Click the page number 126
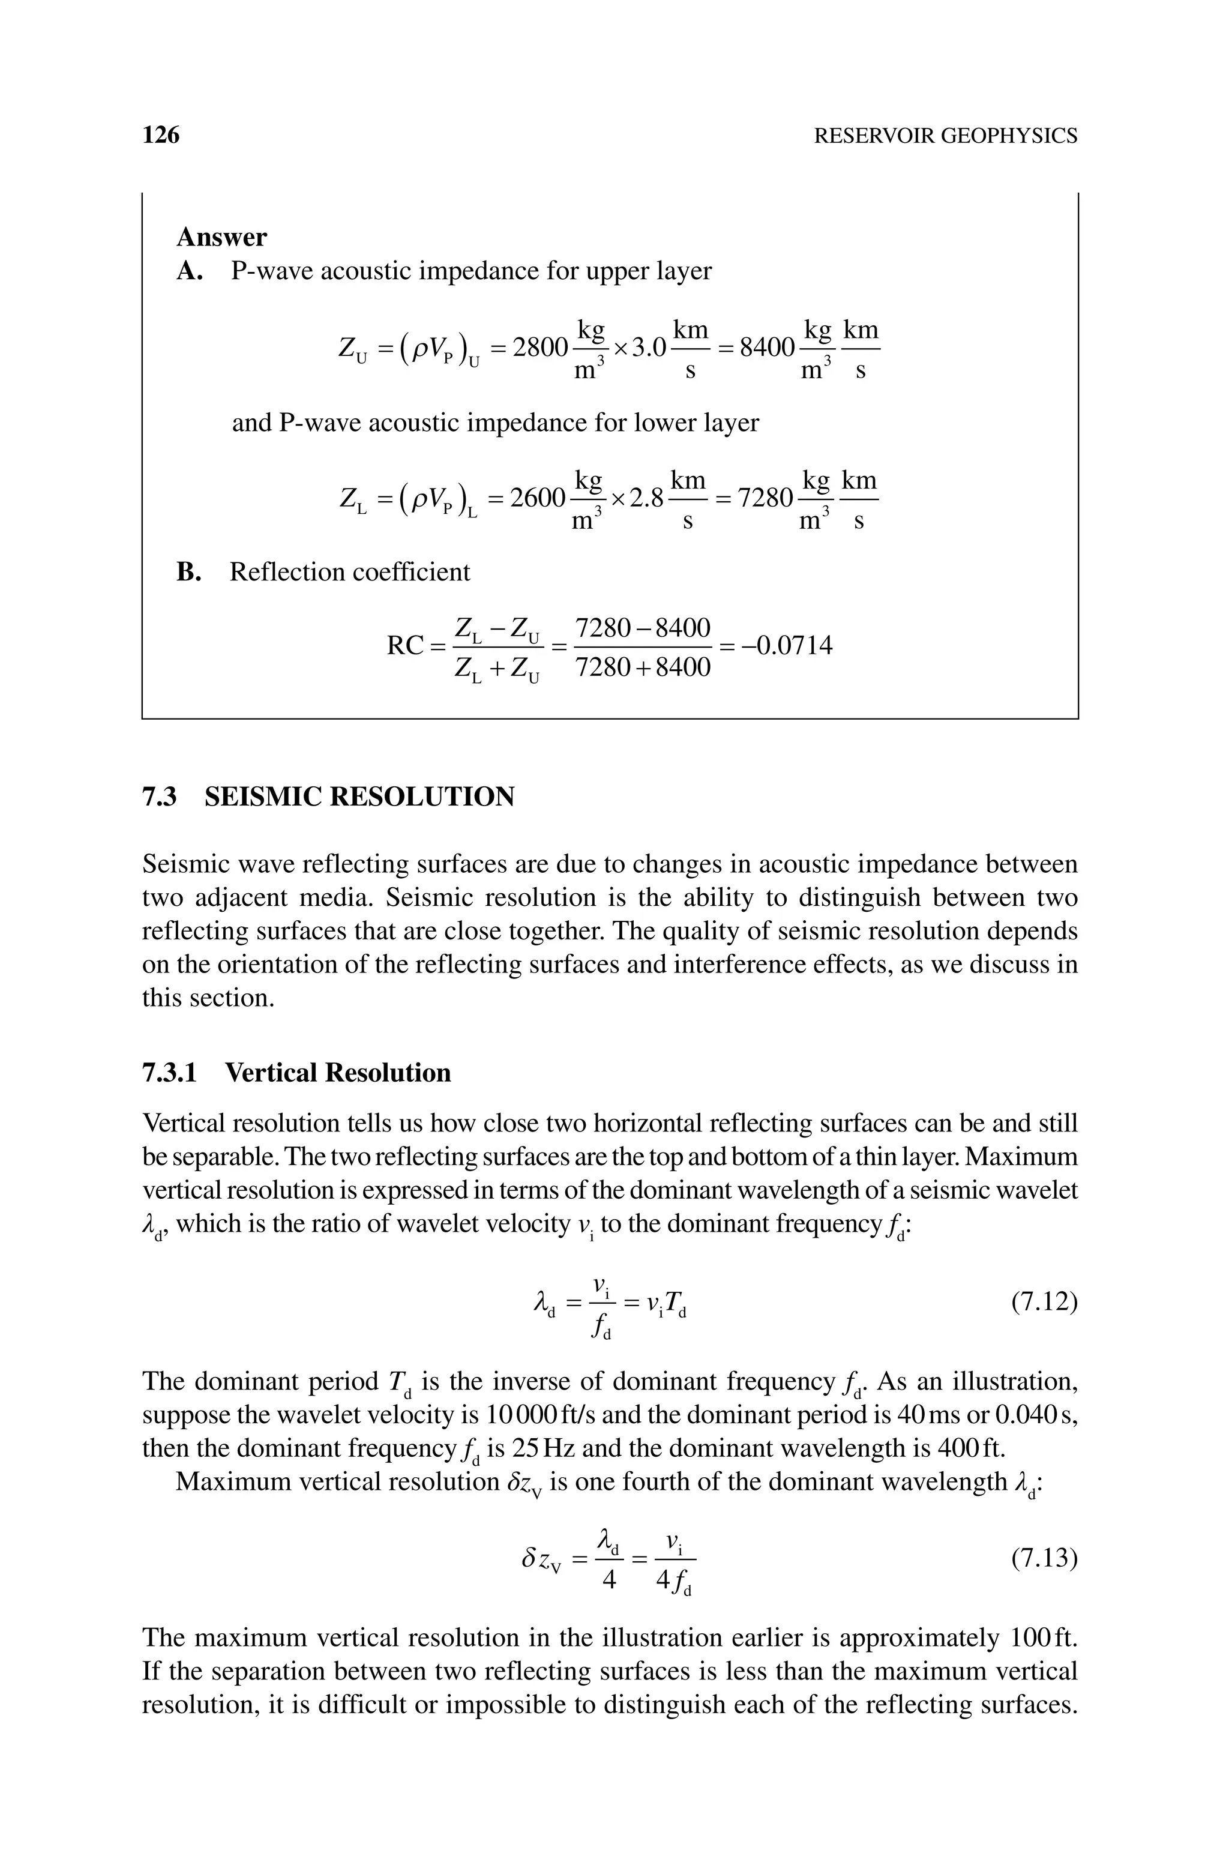point(161,136)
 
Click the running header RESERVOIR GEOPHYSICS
point(945,136)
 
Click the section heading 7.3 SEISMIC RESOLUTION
point(328,797)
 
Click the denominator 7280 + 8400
point(643,667)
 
